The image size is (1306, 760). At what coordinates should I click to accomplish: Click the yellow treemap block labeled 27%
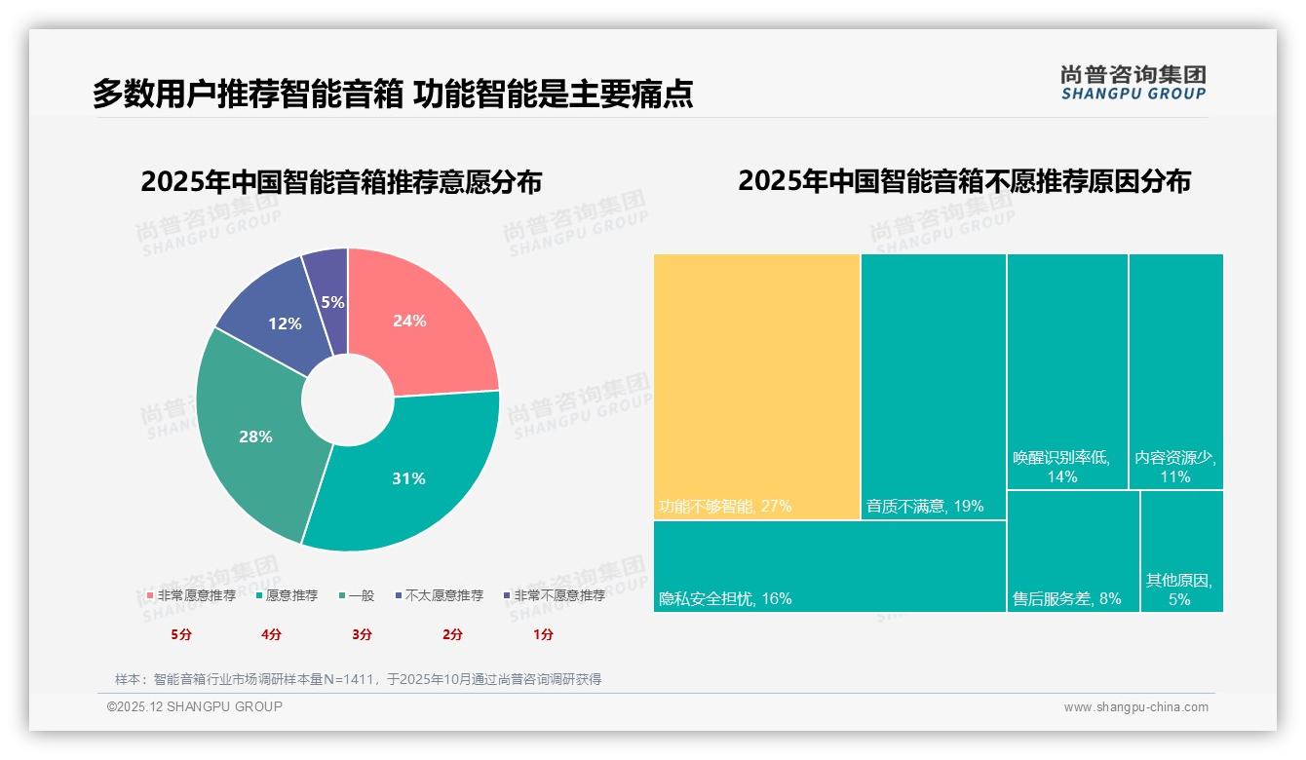(x=756, y=386)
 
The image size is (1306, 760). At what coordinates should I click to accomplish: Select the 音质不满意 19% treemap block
(x=933, y=386)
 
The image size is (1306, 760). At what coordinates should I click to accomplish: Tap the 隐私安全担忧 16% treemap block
(x=828, y=566)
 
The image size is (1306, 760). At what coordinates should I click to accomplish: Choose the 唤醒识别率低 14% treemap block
(x=1067, y=370)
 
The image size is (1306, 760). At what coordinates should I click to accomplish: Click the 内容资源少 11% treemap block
(x=1175, y=370)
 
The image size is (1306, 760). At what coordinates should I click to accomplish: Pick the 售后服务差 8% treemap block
(x=1072, y=551)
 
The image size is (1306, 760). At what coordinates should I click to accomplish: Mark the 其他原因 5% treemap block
(x=1180, y=551)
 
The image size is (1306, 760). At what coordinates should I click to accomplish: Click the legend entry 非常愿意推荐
(x=191, y=595)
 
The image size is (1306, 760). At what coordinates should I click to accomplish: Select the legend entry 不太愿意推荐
(x=438, y=595)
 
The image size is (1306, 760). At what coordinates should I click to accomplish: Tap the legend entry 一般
(x=356, y=595)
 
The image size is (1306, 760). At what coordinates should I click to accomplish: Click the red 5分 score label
(x=181, y=634)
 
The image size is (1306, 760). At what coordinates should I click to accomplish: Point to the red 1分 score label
(x=543, y=634)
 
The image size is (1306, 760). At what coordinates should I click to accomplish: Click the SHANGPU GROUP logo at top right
(x=1133, y=83)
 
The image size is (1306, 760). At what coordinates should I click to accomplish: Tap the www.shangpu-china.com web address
(x=1135, y=707)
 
